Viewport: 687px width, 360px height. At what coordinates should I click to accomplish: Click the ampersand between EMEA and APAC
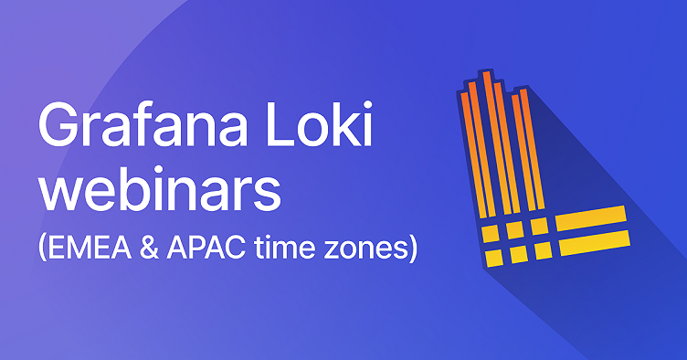point(159,248)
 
